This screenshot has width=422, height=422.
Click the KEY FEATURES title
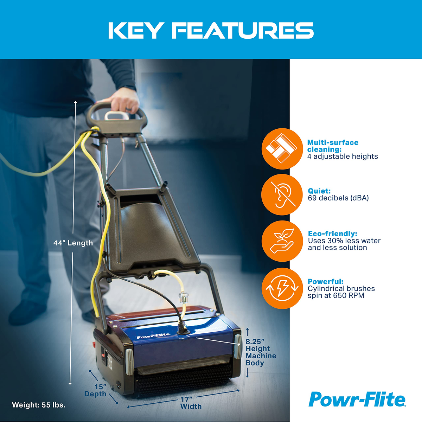coord(211,31)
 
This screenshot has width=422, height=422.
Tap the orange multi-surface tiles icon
coord(282,149)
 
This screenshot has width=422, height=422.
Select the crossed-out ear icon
coord(282,194)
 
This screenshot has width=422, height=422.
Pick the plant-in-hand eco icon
coord(282,241)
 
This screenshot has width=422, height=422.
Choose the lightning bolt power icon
coord(282,288)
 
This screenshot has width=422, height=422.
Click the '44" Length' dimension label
coord(73,243)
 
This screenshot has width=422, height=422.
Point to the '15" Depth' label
coord(96,390)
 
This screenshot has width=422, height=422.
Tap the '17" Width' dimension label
coord(191,403)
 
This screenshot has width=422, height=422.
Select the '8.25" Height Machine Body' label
coord(260,352)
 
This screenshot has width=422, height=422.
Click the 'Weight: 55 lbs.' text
coord(39,405)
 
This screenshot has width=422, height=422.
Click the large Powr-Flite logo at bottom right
coord(357,399)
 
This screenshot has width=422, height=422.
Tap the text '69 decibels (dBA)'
coord(338,198)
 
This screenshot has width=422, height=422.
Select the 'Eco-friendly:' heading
coord(332,234)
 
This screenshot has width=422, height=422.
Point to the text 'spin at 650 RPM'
coord(336,295)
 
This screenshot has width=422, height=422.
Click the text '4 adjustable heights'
coord(343,156)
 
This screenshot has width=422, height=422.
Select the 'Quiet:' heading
coord(319,191)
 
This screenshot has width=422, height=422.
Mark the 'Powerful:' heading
coord(325,282)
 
